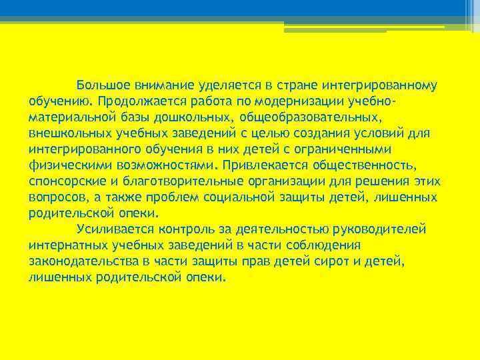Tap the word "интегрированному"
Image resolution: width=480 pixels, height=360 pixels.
[379, 86]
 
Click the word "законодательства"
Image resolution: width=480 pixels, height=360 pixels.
[86, 262]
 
